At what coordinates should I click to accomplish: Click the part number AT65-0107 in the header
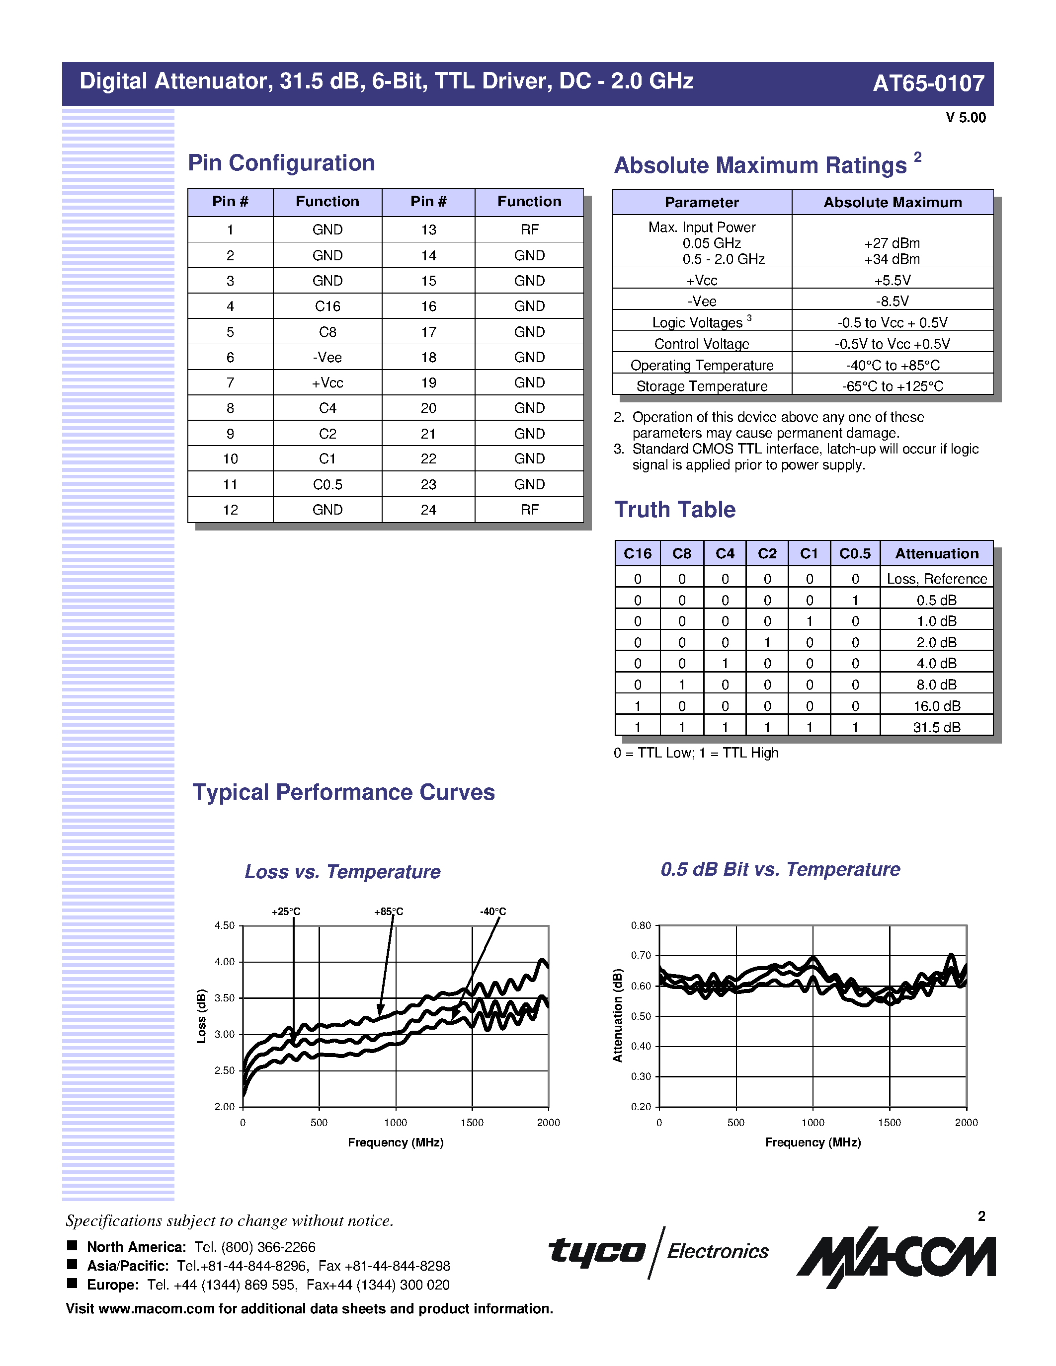[x=928, y=83]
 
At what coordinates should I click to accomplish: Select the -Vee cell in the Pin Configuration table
[x=327, y=357]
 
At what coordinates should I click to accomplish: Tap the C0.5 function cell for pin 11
[x=327, y=484]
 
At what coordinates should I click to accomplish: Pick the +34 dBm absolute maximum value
[x=892, y=259]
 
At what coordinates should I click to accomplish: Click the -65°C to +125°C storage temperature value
[x=892, y=386]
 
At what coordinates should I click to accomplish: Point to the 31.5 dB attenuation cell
[x=937, y=727]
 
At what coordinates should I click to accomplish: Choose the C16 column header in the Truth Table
[x=638, y=553]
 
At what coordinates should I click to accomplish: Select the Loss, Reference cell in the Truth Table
[x=937, y=579]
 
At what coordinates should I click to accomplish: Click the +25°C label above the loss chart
[x=286, y=911]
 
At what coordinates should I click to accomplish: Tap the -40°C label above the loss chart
[x=493, y=911]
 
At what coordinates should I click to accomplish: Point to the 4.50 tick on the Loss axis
[x=225, y=926]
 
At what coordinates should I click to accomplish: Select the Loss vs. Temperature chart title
[x=342, y=871]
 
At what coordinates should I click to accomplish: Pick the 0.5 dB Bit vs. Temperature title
[x=780, y=869]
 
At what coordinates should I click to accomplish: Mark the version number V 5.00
[x=965, y=118]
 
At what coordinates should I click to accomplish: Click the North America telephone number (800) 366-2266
[x=254, y=1247]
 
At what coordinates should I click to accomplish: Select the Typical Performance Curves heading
[x=343, y=792]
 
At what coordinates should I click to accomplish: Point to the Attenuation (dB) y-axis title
[x=618, y=1015]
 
